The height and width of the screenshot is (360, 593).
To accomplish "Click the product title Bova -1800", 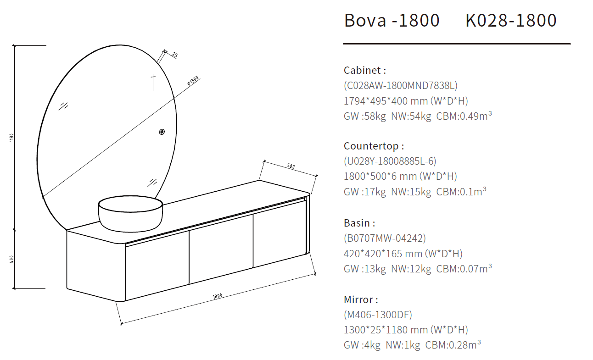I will [x=392, y=21].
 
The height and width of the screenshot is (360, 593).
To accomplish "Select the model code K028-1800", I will [x=511, y=21].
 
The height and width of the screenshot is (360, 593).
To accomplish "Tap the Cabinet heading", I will [x=365, y=70].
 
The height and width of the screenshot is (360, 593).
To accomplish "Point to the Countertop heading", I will [x=374, y=146].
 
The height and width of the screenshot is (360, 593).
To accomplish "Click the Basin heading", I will [x=359, y=223].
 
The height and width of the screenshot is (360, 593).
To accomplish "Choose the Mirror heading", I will [x=361, y=299].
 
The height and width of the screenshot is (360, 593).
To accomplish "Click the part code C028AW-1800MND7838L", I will [x=400, y=85].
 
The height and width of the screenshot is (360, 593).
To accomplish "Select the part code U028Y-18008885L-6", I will [x=390, y=161].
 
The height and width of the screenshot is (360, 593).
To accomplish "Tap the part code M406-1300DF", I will [x=378, y=315].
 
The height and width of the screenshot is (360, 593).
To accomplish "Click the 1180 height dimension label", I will [x=11, y=138].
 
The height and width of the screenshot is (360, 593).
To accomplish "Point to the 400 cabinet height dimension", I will [x=11, y=260].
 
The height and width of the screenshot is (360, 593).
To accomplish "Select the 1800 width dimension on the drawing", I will [x=218, y=296].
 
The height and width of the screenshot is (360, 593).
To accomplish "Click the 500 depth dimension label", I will [x=290, y=166].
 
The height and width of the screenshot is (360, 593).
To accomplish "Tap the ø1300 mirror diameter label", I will [x=193, y=81].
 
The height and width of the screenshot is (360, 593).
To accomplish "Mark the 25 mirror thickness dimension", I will [x=174, y=55].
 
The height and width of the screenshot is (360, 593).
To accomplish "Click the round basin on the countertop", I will [x=130, y=213].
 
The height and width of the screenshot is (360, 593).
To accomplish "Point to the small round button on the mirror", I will [x=162, y=132].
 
